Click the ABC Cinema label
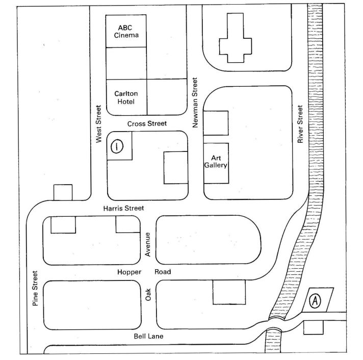pyautogui.click(x=126, y=32)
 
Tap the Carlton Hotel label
pyautogui.click(x=126, y=97)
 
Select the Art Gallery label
pyautogui.click(x=216, y=162)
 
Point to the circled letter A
pyautogui.click(x=315, y=301)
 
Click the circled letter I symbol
pyautogui.click(x=117, y=146)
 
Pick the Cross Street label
pyautogui.click(x=147, y=123)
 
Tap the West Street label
pyautogui.click(x=98, y=124)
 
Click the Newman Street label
pyautogui.click(x=195, y=102)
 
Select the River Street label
pyautogui.click(x=300, y=124)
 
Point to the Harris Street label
pyautogui.click(x=123, y=209)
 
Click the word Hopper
pyautogui.click(x=129, y=272)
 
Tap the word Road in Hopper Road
pyautogui.click(x=163, y=272)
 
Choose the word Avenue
pyautogui.click(x=147, y=244)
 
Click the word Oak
pyautogui.click(x=148, y=295)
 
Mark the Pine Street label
pyautogui.click(x=35, y=289)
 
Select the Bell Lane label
pyautogui.click(x=149, y=336)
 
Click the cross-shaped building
pyautogui.click(x=236, y=38)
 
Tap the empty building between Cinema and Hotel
pyautogui.click(x=126, y=63)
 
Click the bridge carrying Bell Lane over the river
pyautogui.click(x=275, y=324)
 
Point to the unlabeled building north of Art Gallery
pyautogui.click(x=216, y=123)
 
